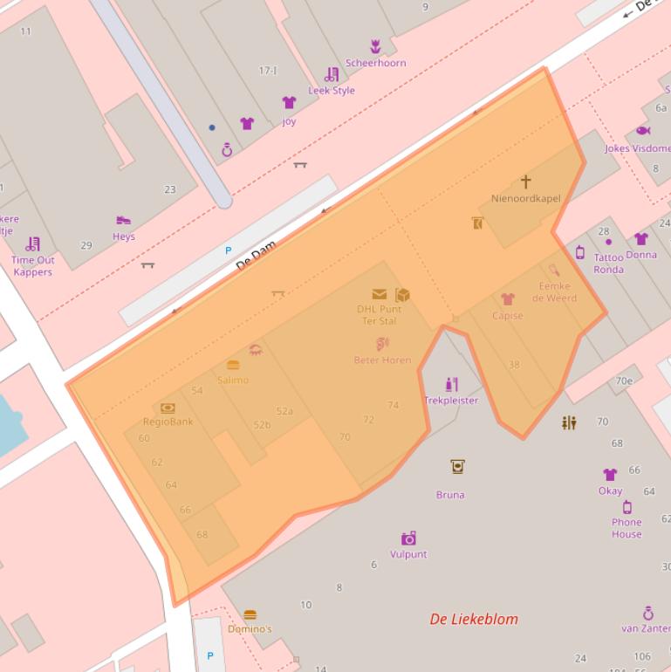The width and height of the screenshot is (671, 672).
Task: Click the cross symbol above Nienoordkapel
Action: [x=525, y=182]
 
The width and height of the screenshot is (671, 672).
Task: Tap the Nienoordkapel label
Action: [x=525, y=198]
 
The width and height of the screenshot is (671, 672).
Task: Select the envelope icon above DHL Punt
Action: [x=379, y=294]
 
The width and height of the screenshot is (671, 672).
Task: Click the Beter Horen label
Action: [x=382, y=360]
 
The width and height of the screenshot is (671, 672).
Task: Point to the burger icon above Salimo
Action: [x=233, y=366]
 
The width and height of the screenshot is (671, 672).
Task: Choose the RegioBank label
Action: [x=168, y=422]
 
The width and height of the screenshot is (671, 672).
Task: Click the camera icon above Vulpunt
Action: [x=408, y=538]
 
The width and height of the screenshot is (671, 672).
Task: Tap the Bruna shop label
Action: [x=450, y=495]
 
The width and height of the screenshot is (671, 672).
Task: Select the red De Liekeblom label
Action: [x=474, y=619]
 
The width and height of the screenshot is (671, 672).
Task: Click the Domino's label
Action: [x=250, y=628]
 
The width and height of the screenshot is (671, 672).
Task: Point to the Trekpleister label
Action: [x=451, y=401]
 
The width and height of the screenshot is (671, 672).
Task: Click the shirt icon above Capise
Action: [x=507, y=299]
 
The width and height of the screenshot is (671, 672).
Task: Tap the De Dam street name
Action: [x=256, y=256]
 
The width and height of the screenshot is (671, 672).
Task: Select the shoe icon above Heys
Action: [x=123, y=221]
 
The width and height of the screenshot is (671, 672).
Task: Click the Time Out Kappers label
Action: [x=33, y=265]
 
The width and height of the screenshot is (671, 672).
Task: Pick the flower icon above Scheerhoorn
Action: [x=375, y=46]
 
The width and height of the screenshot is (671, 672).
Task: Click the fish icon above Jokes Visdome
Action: [x=643, y=131]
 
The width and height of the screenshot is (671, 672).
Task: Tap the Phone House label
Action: [x=626, y=528]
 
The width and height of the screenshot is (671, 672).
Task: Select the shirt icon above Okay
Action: [x=610, y=475]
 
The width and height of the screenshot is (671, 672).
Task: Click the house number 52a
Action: [x=284, y=411]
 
